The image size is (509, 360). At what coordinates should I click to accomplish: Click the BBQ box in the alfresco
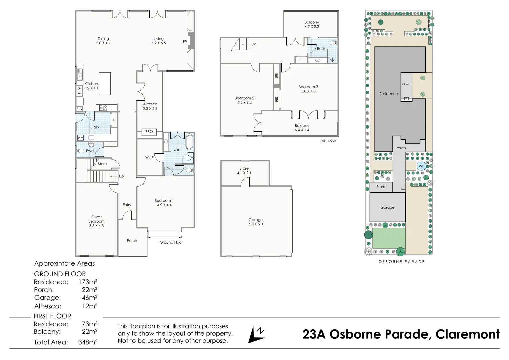(149, 132)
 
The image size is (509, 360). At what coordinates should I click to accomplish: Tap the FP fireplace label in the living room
(185, 42)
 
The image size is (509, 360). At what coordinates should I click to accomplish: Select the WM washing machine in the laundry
(80, 138)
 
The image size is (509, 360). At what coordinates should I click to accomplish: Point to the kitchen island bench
(105, 84)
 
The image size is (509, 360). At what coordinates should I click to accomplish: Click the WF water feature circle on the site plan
(421, 166)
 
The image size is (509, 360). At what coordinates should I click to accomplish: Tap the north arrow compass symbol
(257, 334)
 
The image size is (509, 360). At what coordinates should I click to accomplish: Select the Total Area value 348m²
(88, 342)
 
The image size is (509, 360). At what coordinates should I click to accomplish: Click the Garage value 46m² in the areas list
(90, 297)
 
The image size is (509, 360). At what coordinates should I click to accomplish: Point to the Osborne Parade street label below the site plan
(402, 262)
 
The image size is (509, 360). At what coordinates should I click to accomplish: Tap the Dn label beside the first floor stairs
(254, 44)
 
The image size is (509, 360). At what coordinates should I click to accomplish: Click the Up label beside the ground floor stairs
(121, 176)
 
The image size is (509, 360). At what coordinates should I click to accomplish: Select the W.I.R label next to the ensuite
(150, 157)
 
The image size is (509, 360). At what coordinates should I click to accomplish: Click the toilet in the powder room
(80, 151)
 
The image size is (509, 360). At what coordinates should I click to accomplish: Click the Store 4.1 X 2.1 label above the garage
(244, 170)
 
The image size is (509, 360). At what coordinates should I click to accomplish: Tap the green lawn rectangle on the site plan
(389, 238)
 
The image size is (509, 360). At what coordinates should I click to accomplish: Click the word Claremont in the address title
(468, 334)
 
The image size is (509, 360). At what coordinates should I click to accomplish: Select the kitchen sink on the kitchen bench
(80, 75)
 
